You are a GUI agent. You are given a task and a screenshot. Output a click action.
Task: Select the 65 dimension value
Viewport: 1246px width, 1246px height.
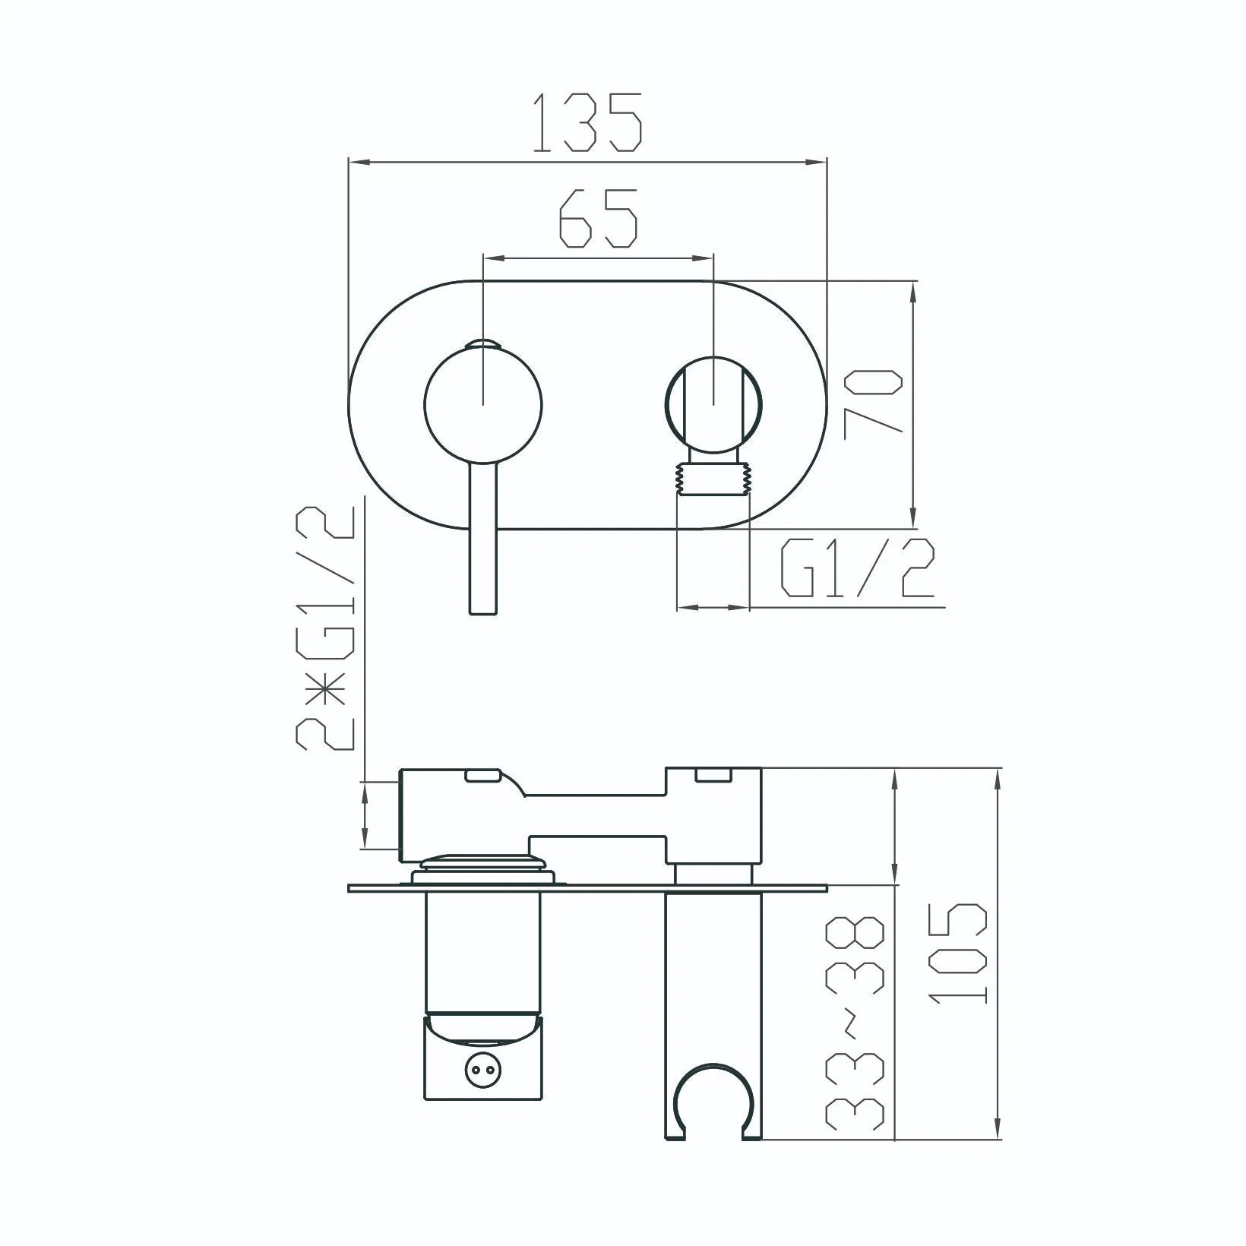598,219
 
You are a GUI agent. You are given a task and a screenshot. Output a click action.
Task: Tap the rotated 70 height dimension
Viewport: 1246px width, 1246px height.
874,402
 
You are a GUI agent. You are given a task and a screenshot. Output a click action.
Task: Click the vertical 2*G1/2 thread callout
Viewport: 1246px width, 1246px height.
326,627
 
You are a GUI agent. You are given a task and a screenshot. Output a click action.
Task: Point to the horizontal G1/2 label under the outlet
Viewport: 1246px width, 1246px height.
856,570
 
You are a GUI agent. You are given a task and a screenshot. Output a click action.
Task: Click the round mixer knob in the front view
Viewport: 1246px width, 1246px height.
484,403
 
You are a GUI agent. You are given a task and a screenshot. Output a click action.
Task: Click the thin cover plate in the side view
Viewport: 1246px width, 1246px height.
587,887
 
